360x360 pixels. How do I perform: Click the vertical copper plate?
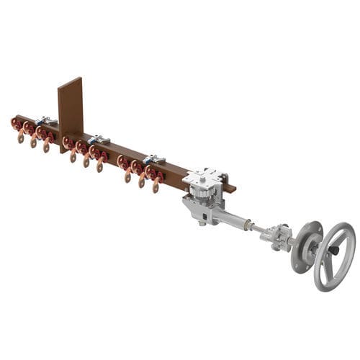pyautogui.click(x=71, y=108)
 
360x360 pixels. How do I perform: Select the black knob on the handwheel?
pyautogui.click(x=335, y=251)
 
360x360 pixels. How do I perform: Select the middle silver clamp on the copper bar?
pyautogui.click(x=99, y=138)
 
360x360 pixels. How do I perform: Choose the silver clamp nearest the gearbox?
pyautogui.click(x=153, y=158)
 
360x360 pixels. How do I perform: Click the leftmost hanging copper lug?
pyautogui.click(x=21, y=137)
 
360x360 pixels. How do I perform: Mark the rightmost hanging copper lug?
pyautogui.click(x=156, y=186)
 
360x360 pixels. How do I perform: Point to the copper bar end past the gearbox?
pyautogui.click(x=230, y=189)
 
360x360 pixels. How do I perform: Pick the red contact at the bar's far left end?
pyautogui.click(x=16, y=123)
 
